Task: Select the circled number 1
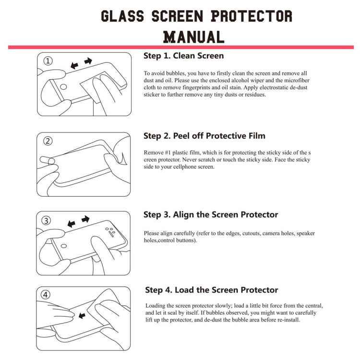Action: (48, 61)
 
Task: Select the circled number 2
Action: (48, 141)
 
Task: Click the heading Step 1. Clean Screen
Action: (183, 56)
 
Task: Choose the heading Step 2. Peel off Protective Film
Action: (204, 136)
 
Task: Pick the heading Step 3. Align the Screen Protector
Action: (211, 215)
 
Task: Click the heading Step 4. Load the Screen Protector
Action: (211, 290)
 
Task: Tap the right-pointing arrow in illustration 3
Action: (85, 219)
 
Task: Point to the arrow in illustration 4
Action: (82, 315)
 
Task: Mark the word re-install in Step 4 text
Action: (288, 320)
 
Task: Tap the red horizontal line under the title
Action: (180, 47)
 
